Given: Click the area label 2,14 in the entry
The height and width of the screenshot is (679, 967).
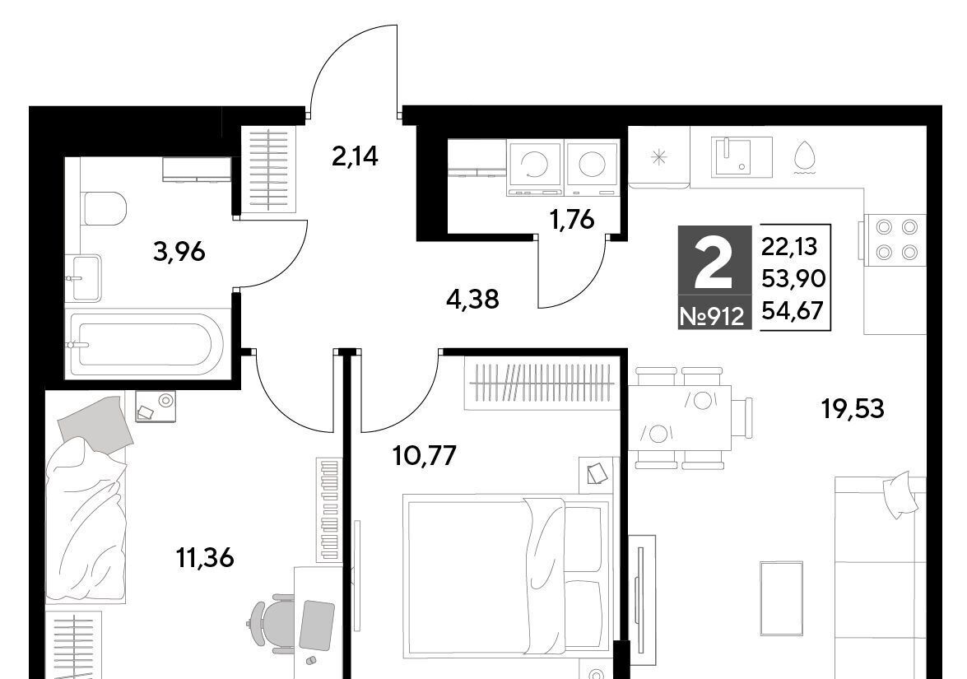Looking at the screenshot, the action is pos(355,157).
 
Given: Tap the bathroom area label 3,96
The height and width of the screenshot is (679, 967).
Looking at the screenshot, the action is pos(179,252).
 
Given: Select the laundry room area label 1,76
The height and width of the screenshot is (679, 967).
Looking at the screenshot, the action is pos(573,219).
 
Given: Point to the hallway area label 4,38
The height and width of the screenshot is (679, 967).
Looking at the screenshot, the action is pos(473,300).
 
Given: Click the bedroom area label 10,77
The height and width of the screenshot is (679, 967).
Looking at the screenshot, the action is pos(425,456).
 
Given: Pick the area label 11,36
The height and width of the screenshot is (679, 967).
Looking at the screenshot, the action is pos(205,558).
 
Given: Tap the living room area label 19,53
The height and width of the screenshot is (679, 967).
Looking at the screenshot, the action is pos(853,408).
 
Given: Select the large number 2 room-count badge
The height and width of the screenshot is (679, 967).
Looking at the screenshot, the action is pos(714,264).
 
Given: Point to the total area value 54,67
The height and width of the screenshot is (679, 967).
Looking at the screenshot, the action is pos(793,310).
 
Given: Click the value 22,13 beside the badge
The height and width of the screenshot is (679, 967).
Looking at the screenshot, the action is pos(789,247).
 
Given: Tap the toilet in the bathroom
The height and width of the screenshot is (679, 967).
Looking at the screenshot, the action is pos(104,208).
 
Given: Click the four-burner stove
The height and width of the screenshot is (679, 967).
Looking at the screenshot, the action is pos(895,240).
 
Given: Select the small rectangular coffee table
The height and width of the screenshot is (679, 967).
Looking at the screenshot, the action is pos(781,598).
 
